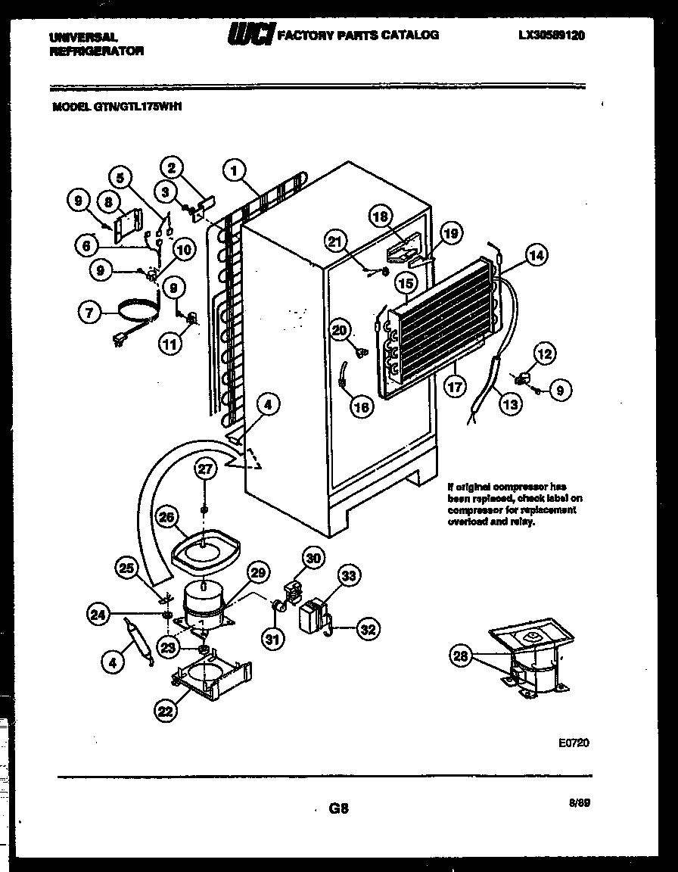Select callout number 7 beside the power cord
(89, 312)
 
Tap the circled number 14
(536, 256)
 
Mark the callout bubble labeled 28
(461, 656)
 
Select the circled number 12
(544, 353)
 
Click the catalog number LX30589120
(552, 35)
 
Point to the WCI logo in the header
(250, 35)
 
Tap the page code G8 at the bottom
(338, 808)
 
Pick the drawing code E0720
(574, 743)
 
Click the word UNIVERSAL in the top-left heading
(83, 36)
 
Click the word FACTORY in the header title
(303, 35)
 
